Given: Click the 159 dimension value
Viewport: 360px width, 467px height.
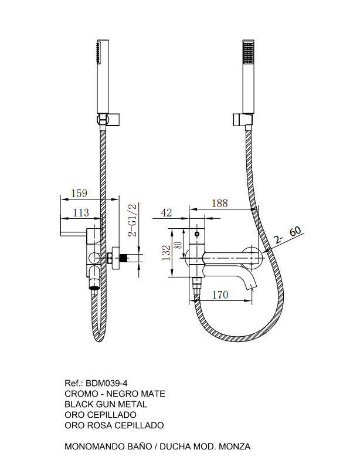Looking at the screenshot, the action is tap(79, 193).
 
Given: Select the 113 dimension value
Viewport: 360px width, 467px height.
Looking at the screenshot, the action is tap(81, 212).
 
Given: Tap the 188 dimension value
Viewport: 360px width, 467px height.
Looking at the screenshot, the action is tap(220, 204).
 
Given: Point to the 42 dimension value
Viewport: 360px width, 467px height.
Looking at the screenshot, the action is tap(167, 212).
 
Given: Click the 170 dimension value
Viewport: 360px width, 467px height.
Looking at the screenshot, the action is tap(220, 295).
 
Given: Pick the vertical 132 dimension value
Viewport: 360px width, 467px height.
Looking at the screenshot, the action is tap(167, 253).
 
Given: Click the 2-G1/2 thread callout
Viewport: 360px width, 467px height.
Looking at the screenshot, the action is tap(132, 220).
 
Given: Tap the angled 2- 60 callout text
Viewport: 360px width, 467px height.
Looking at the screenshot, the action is tap(288, 235).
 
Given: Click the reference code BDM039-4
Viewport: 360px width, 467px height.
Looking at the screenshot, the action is tap(107, 383).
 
